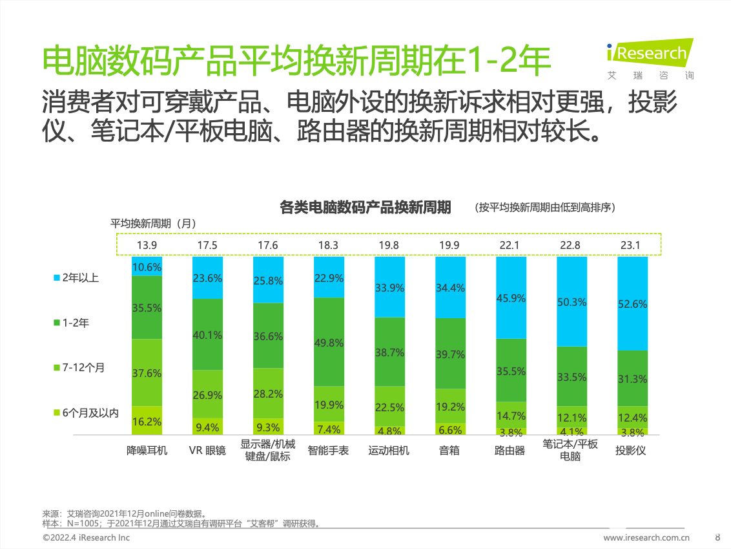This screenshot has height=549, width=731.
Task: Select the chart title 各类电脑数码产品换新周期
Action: point(365,208)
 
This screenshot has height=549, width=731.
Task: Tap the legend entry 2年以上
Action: point(76,278)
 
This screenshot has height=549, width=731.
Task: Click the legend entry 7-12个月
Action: point(79,368)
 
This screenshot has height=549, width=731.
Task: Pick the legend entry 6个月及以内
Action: point(85,413)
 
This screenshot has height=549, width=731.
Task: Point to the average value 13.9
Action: point(147,245)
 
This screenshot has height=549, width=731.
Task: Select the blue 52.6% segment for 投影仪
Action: point(632,303)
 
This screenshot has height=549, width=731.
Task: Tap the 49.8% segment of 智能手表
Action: point(328,342)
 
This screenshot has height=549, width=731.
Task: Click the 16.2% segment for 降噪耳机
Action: point(147,420)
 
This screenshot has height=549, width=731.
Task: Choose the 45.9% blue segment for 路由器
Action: point(511,298)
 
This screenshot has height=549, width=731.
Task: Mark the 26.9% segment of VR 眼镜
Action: point(207,394)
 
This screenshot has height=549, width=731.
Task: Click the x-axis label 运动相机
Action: point(389,450)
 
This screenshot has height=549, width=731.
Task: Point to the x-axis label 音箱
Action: point(449,450)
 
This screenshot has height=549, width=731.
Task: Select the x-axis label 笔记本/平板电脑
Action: point(570,450)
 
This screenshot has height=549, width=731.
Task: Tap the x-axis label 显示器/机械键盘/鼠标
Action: point(268,450)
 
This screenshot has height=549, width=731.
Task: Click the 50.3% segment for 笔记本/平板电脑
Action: point(571,301)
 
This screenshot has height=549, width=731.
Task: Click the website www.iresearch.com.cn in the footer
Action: point(646,537)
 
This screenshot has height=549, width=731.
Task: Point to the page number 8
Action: point(717,537)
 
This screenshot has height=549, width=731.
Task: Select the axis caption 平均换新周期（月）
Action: point(152,223)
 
